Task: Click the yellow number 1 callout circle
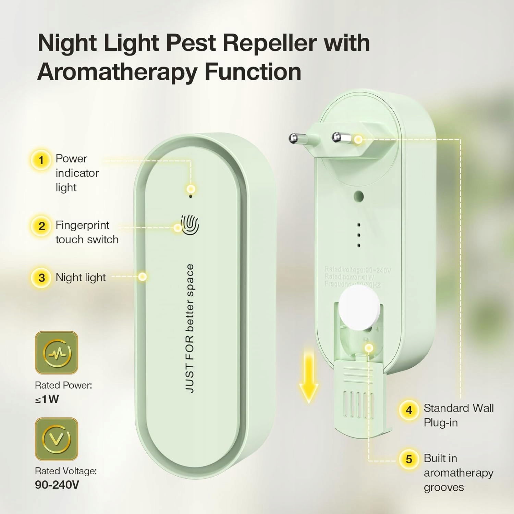pos(41,160)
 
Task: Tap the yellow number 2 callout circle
pos(41,226)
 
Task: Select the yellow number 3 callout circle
pos(41,278)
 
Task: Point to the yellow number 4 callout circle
pos(409,410)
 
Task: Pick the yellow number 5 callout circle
pos(409,459)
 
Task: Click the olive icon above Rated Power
pos(57,353)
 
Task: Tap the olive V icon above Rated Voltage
pos(57,439)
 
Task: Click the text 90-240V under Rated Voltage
pos(57,485)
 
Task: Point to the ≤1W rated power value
pos(47,399)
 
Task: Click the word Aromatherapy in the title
pos(117,72)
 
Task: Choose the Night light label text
pos(81,277)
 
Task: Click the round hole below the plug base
pos(359,196)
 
